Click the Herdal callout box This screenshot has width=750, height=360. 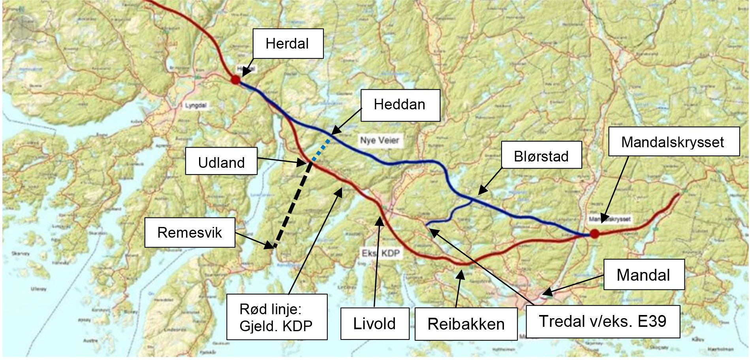[288, 44]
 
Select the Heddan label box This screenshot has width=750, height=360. [400, 105]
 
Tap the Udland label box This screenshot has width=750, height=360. [221, 161]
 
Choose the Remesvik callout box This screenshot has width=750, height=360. [190, 232]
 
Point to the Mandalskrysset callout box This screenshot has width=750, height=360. [673, 142]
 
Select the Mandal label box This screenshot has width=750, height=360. [643, 275]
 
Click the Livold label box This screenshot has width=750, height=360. [374, 324]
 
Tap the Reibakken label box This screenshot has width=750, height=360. [466, 324]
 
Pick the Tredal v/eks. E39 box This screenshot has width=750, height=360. [602, 321]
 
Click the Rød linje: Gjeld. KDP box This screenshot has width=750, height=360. [276, 317]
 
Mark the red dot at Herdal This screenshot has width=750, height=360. [235, 80]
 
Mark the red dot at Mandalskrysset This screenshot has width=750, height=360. [594, 234]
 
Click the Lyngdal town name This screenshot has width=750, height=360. [195, 106]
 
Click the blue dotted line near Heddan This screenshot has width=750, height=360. [321, 150]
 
